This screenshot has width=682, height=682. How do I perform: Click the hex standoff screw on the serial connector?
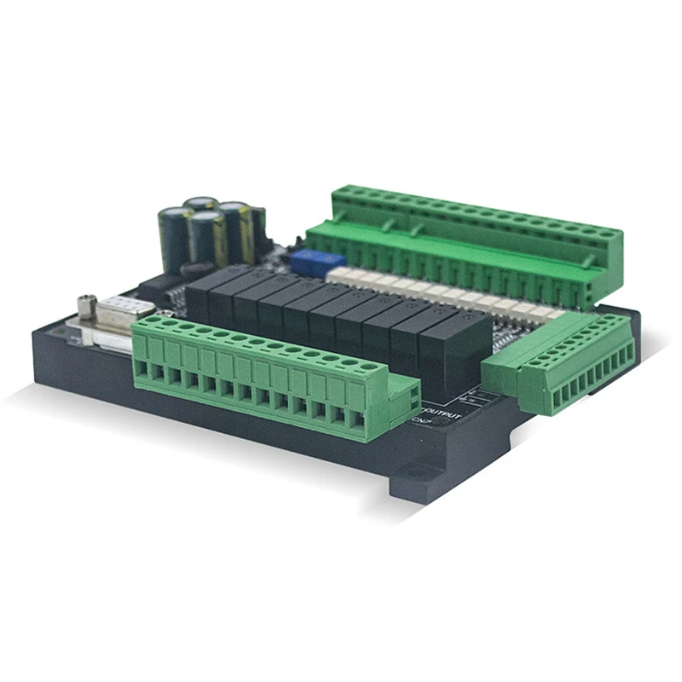click(86, 303)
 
